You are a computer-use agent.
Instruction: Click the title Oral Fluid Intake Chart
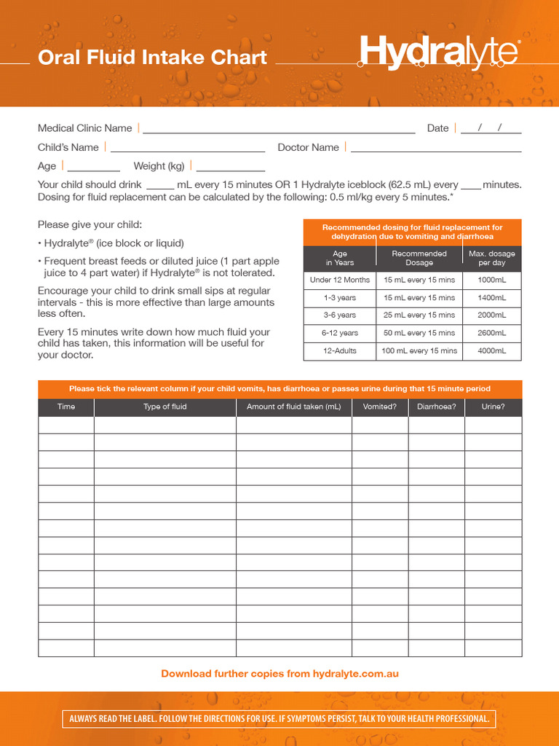[x=152, y=58]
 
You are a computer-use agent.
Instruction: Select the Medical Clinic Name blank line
[x=279, y=129]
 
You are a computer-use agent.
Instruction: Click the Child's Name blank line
[x=188, y=147]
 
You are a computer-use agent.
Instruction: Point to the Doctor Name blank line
[x=436, y=147]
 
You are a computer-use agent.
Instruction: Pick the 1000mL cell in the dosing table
[x=492, y=280]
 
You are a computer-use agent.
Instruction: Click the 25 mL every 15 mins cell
[x=419, y=315]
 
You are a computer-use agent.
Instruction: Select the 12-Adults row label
[x=340, y=350]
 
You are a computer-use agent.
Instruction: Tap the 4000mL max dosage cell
[x=492, y=350]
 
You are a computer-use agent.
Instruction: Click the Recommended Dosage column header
[x=419, y=258]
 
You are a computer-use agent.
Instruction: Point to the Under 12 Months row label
[x=340, y=280]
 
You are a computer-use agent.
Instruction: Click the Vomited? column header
[x=380, y=407]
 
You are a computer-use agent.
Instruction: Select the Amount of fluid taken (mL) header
[x=294, y=407]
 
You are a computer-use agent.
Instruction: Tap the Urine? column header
[x=493, y=407]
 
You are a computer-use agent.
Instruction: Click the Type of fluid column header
[x=165, y=407]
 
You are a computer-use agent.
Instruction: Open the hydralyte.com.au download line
[x=279, y=674]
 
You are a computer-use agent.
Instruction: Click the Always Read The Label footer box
[x=279, y=719]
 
